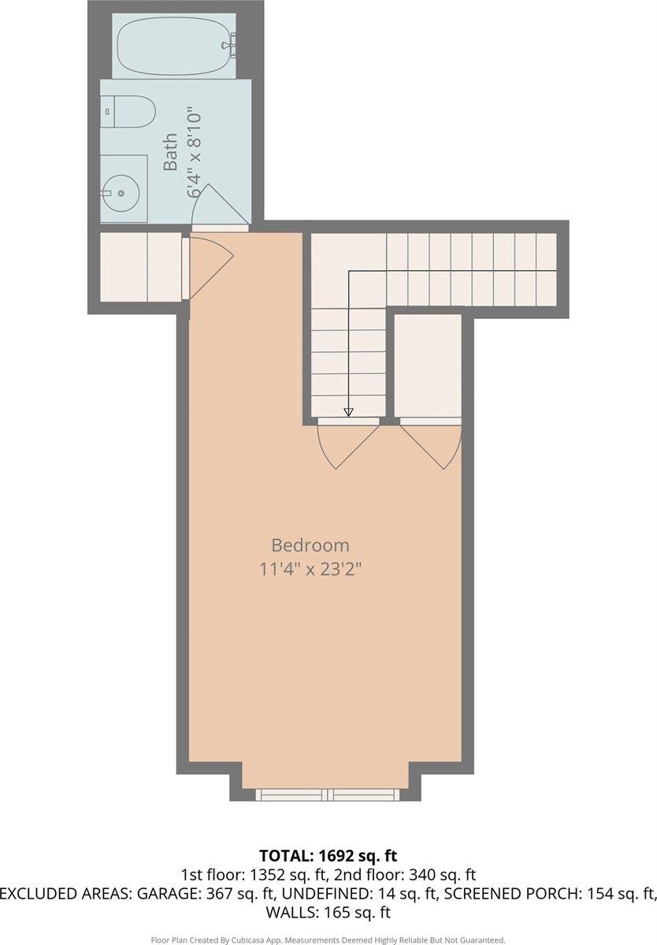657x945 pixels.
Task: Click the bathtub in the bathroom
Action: tap(175, 46)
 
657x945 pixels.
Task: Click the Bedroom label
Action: tap(310, 545)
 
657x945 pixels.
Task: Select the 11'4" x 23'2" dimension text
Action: tap(310, 569)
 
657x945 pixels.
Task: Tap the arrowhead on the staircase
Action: tap(347, 411)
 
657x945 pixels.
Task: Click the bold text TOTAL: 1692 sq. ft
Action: tap(328, 855)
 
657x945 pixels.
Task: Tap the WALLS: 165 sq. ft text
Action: tap(328, 913)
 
